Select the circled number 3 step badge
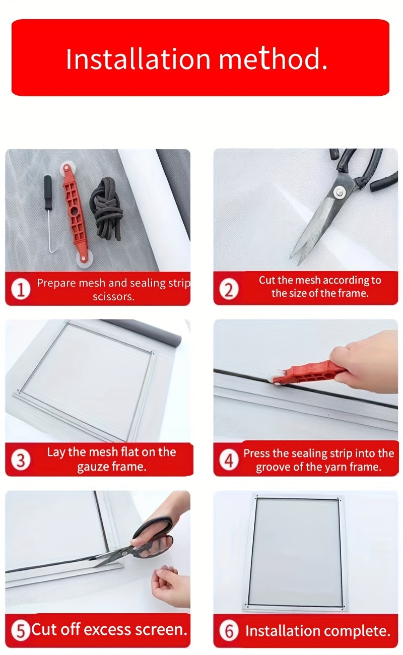(x=21, y=460)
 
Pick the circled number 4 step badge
(x=229, y=460)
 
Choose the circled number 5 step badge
(x=21, y=630)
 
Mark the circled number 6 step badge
(x=229, y=630)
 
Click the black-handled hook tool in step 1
(x=49, y=214)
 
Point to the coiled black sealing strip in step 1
(x=107, y=208)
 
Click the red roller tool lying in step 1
(x=74, y=215)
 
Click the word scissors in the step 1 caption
(x=113, y=297)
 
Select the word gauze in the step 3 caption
(x=92, y=467)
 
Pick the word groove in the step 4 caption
(x=274, y=468)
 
